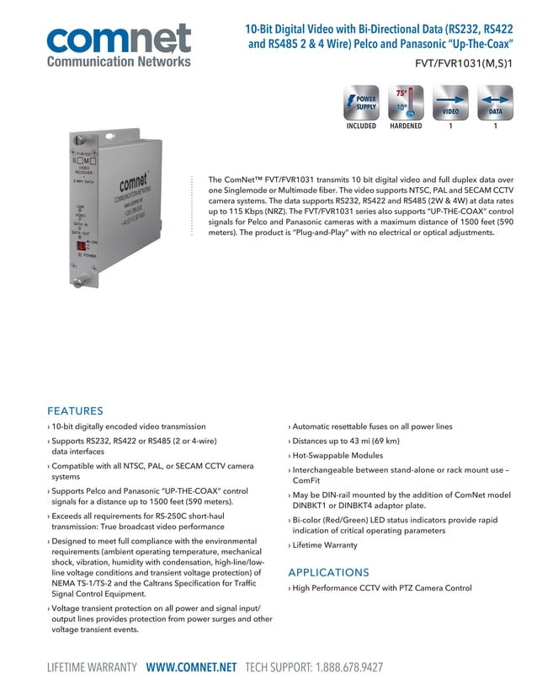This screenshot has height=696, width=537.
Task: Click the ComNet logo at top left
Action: (x=119, y=44)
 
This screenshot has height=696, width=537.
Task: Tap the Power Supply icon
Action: (x=361, y=104)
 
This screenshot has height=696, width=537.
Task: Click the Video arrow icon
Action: (x=451, y=104)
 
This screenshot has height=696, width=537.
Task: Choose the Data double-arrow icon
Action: (x=496, y=104)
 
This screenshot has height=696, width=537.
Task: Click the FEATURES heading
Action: (x=75, y=411)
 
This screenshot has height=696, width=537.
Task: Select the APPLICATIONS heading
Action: (x=328, y=570)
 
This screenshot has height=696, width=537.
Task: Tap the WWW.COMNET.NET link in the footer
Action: (x=191, y=667)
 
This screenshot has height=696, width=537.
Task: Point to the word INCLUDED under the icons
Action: (x=361, y=126)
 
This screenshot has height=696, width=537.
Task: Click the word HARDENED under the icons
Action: (x=406, y=126)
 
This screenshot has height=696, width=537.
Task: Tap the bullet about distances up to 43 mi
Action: (x=346, y=441)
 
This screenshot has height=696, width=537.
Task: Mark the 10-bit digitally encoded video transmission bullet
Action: (x=128, y=427)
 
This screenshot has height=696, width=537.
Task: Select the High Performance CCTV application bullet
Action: (x=381, y=588)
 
